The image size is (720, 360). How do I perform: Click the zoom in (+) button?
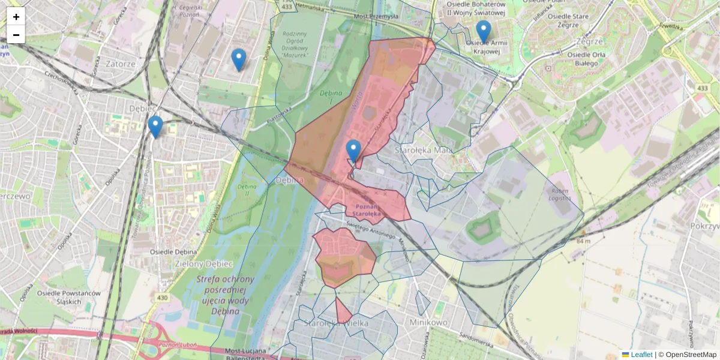point(16,17)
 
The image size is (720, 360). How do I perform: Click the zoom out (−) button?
point(16,35)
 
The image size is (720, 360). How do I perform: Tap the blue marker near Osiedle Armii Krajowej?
point(483,31)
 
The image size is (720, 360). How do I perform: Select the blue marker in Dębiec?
point(155,127)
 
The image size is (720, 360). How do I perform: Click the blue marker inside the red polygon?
point(353,151)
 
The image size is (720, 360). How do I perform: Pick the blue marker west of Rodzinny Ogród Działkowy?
point(239,59)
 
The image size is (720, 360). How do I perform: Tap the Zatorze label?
point(120,63)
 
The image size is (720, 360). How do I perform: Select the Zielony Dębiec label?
point(195,263)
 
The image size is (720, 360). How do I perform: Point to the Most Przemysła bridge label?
point(376,17)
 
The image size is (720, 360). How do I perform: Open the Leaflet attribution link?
point(641,355)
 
